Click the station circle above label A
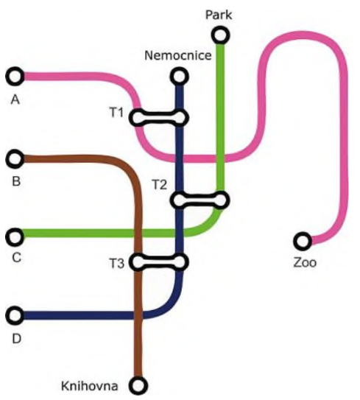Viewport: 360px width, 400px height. click(15, 77)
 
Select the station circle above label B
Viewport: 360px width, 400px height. click(15, 158)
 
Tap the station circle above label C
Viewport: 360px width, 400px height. click(15, 237)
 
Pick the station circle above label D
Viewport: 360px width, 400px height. click(15, 315)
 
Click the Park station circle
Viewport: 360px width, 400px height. click(220, 35)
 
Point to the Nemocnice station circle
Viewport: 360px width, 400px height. click(179, 77)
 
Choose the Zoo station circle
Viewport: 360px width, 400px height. click(303, 241)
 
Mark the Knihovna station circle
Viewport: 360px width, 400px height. click(138, 385)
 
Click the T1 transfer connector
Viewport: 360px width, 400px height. click(159, 118)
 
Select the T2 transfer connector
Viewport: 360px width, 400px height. click(200, 200)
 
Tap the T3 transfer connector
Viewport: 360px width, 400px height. click(159, 262)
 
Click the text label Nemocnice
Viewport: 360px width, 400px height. click(178, 55)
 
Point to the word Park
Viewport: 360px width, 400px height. click(219, 15)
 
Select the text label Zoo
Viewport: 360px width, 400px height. click(305, 262)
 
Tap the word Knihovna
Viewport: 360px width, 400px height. click(90, 386)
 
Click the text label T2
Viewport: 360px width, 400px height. click(159, 184)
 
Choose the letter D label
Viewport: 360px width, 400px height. click(16, 339)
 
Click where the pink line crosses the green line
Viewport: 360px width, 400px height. click(220, 158)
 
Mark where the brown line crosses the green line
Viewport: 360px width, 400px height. click(138, 234)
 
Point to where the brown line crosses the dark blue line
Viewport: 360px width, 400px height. click(138, 315)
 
